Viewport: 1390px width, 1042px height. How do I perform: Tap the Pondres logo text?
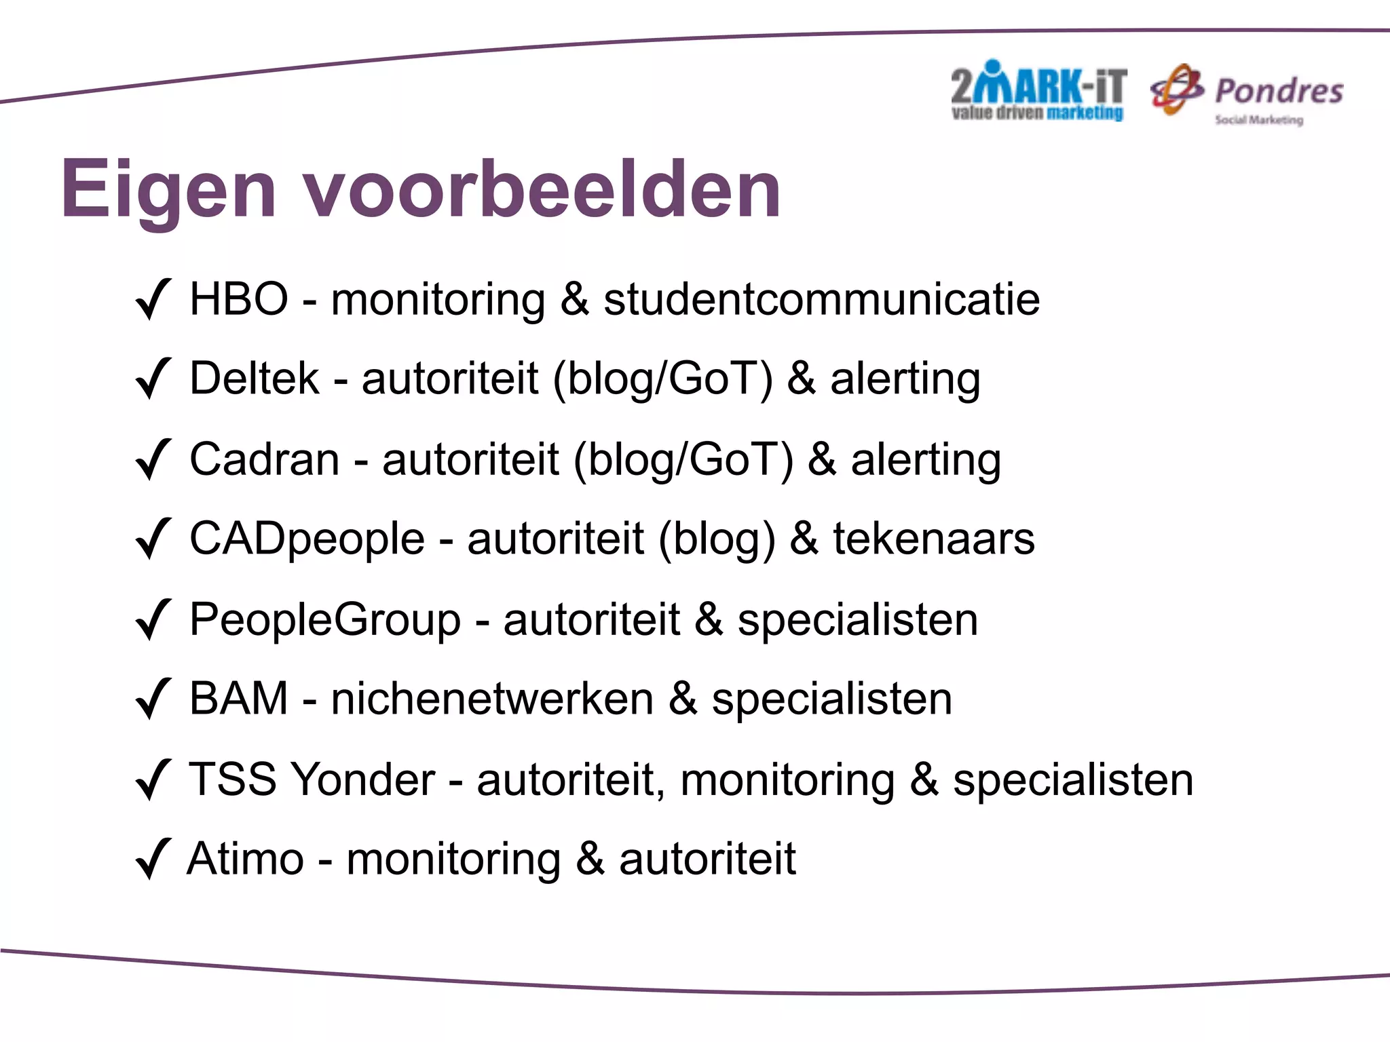(1279, 92)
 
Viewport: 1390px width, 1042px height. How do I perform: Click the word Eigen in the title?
(168, 190)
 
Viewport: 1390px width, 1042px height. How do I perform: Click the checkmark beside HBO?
(153, 300)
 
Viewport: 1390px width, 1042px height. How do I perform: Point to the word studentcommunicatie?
(821, 300)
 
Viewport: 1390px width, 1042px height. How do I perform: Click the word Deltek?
(254, 379)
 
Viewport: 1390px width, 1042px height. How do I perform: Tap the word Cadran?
(264, 459)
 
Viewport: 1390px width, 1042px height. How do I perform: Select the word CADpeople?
(307, 539)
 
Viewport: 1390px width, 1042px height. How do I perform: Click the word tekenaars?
(934, 539)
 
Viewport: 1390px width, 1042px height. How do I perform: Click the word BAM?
(239, 699)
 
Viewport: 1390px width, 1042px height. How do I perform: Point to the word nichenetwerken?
(492, 699)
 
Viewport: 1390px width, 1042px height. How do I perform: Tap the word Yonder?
(364, 779)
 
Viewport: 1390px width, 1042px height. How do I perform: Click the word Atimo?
(245, 860)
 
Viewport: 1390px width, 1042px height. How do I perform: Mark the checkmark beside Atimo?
(153, 860)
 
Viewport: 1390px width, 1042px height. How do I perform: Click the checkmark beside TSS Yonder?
(153, 779)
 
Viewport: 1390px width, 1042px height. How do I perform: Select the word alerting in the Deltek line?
(905, 380)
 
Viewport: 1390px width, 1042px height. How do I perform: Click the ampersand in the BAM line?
(683, 699)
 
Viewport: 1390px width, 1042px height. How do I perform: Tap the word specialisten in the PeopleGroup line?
(858, 620)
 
